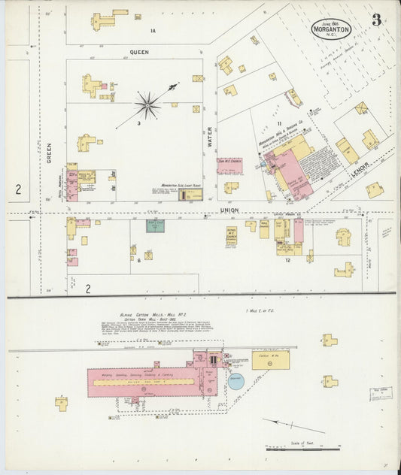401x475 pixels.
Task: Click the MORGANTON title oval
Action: coord(333,29)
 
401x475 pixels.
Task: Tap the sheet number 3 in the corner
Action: coord(376,20)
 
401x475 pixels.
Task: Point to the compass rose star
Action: coord(147,104)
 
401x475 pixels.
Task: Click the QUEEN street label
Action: coord(140,53)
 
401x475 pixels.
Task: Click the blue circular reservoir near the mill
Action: coord(237,381)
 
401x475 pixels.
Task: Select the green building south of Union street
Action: coord(155,225)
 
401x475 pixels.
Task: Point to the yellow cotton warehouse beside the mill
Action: coord(269,360)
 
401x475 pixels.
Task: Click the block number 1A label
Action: coord(152,31)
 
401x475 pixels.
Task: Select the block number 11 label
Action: coord(278,123)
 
